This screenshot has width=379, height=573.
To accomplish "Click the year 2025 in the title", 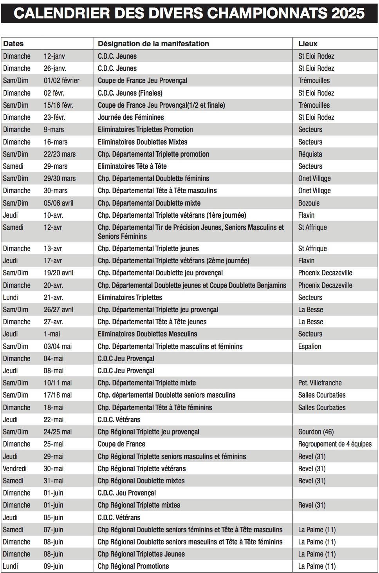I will [348, 13].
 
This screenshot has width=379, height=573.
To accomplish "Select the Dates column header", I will [13, 43].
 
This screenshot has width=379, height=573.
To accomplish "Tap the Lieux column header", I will [308, 43].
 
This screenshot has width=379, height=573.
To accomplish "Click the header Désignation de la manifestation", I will [153, 43].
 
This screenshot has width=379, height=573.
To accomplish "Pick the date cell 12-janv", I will [54, 56].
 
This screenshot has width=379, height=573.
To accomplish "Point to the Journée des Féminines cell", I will [131, 117].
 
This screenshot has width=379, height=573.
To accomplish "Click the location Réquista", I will [310, 154].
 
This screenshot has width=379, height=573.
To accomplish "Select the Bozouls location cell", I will [309, 203].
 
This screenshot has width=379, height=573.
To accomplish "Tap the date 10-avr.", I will [53, 215].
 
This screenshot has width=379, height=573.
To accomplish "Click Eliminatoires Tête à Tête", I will [132, 166].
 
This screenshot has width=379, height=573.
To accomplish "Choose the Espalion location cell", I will [309, 346].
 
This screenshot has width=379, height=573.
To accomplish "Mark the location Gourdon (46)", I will [316, 432].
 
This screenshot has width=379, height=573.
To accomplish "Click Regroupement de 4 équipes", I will [335, 444].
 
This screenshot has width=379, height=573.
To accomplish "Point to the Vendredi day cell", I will [14, 468].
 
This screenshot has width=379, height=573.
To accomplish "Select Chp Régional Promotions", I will [133, 566].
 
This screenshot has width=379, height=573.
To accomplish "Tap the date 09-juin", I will [53, 566].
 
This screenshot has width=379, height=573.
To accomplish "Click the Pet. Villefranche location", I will [320, 383].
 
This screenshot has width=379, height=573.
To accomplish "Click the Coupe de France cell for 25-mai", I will [121, 444].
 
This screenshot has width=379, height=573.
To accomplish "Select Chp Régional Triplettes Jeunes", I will [141, 554].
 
